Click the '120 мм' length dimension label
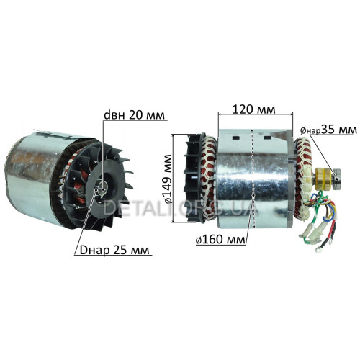click(x=254, y=109)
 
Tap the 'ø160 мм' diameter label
click(x=220, y=240)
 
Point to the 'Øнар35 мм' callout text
click(x=328, y=130)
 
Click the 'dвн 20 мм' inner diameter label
click(x=135, y=115)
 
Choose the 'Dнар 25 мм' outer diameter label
click(x=114, y=251)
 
